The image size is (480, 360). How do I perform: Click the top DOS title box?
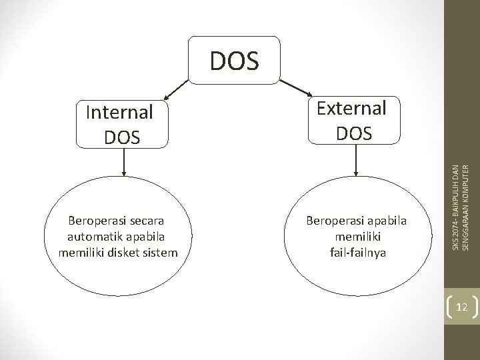(x=234, y=61)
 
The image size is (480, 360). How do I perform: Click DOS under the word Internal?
(x=123, y=137)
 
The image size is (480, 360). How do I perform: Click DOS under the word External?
(x=354, y=133)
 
